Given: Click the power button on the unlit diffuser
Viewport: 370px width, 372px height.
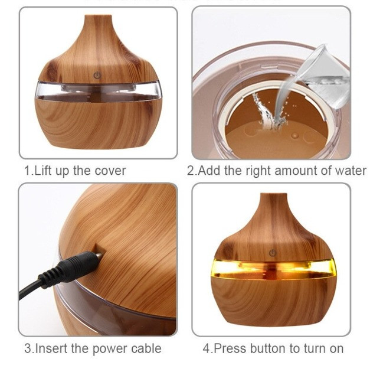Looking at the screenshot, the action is click(97, 76).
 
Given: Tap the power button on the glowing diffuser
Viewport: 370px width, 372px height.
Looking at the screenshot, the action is click(273, 253).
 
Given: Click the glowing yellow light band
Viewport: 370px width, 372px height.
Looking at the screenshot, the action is click(273, 269).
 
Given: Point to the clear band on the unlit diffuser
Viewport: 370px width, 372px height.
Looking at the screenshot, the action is click(98, 92).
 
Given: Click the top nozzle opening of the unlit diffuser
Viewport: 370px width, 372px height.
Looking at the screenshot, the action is click(98, 17).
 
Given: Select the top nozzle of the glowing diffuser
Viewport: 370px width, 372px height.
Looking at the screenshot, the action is click(273, 195).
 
